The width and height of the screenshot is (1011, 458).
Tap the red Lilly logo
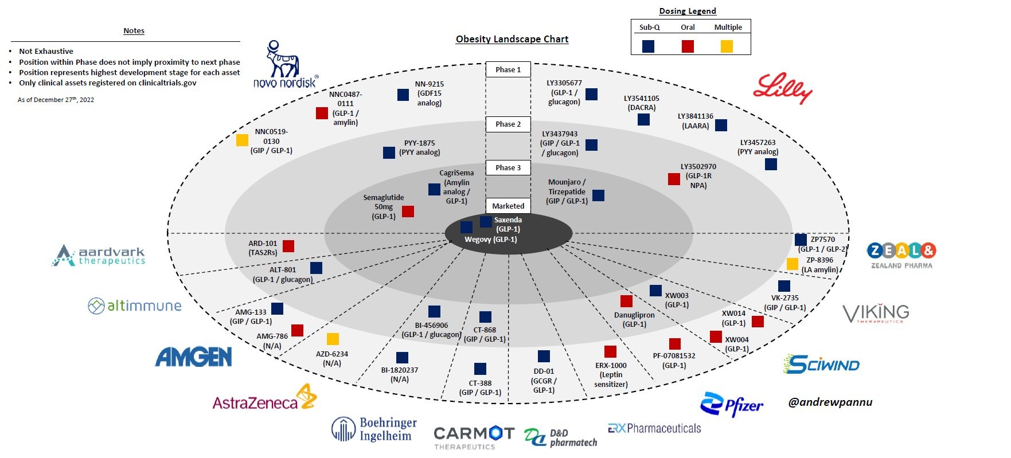tap(782, 89)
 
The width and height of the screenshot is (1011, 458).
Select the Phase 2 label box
tap(508, 124)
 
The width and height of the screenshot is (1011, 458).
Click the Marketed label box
tap(508, 206)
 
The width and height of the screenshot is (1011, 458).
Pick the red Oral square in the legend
tap(688, 46)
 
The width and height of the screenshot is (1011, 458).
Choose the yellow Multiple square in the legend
tap(727, 46)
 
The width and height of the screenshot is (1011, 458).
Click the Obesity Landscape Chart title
tap(512, 39)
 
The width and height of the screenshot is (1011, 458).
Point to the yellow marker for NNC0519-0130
tap(243, 140)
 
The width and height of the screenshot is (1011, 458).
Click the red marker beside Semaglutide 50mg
tap(408, 212)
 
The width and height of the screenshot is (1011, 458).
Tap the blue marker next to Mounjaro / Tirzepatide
tap(598, 195)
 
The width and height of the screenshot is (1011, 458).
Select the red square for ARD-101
tap(288, 246)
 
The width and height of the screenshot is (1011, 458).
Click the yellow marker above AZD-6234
tap(333, 339)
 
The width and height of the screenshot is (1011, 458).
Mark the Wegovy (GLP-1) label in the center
tap(491, 240)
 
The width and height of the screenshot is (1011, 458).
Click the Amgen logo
tap(194, 357)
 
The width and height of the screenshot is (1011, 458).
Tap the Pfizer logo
tap(732, 405)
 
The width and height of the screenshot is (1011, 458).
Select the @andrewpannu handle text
tap(830, 402)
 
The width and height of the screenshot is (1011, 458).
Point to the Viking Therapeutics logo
tap(875, 313)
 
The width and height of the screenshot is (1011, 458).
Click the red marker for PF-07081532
tap(675, 344)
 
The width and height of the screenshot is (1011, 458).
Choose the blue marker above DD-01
tap(544, 357)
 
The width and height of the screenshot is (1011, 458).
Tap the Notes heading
tap(134, 31)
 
